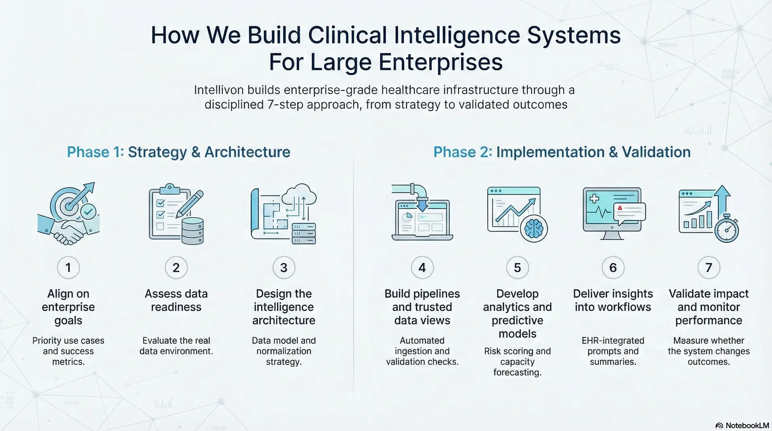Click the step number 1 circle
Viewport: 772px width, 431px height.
pyautogui.click(x=68, y=267)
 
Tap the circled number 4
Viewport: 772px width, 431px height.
pyautogui.click(x=422, y=267)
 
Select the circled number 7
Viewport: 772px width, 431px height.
pyautogui.click(x=708, y=267)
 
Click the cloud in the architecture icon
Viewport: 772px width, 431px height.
pyautogui.click(x=299, y=195)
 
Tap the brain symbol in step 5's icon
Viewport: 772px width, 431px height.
pyautogui.click(x=534, y=228)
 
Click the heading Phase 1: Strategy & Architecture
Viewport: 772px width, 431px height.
pyautogui.click(x=179, y=152)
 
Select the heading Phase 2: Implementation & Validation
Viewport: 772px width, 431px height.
pyautogui.click(x=562, y=152)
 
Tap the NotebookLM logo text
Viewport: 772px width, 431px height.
pyautogui.click(x=747, y=425)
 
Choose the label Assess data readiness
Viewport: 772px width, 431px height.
pyautogui.click(x=176, y=300)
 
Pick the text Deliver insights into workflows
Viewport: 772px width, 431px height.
pyautogui.click(x=613, y=300)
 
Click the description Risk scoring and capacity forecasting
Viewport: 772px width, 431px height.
pyautogui.click(x=517, y=361)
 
